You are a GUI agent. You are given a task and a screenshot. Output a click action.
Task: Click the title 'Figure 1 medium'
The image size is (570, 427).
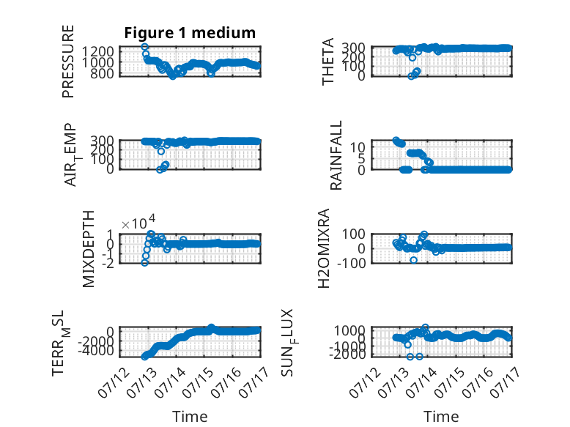190,33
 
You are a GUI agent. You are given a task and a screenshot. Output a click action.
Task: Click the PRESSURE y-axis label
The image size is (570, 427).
68,62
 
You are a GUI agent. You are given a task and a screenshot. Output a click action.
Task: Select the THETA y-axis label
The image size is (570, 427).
328,62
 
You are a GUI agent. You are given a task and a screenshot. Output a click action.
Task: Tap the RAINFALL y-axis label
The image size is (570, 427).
336,155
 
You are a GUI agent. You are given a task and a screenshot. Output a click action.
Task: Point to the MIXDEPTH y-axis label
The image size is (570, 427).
89,249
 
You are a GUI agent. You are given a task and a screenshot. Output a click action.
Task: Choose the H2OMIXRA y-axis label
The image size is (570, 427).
324,248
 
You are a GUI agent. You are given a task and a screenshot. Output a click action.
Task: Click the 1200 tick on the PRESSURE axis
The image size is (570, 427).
97,51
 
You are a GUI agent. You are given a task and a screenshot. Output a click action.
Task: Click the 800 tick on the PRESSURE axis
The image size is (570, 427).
101,74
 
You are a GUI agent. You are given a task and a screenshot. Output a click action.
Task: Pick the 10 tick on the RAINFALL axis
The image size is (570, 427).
358,147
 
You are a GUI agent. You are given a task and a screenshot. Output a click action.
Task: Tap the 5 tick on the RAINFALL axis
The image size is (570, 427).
361,158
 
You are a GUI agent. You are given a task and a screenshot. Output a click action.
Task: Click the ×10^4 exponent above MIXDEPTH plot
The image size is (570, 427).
138,223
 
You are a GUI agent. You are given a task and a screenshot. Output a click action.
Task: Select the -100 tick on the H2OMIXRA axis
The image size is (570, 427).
351,263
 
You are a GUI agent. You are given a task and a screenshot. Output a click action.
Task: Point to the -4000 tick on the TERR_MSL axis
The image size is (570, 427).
95,351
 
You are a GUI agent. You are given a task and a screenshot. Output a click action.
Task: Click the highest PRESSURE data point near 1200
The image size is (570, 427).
144,47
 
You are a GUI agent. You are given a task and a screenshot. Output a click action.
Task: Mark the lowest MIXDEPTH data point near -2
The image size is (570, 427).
144,262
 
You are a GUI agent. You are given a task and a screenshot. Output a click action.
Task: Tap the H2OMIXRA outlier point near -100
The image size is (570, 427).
414,260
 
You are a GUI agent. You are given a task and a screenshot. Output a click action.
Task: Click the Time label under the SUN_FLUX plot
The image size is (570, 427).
441,416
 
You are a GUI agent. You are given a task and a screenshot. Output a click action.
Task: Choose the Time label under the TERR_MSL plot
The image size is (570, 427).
190,416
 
